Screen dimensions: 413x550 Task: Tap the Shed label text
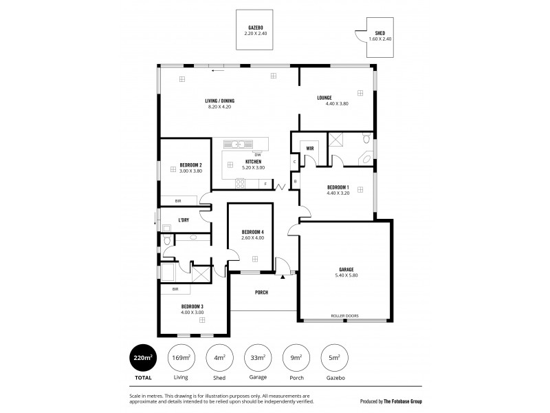click(379, 33)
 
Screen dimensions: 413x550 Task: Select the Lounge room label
click(324, 98)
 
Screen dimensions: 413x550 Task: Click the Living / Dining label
click(219, 100)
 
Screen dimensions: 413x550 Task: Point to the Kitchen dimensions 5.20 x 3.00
click(253, 167)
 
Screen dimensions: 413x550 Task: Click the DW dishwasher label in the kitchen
click(257, 154)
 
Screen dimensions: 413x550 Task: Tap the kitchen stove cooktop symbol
click(241, 183)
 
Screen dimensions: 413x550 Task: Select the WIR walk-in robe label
click(310, 148)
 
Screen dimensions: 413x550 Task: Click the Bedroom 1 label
click(338, 187)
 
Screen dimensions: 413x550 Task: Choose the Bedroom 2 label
click(190, 165)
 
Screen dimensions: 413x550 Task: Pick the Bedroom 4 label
click(253, 231)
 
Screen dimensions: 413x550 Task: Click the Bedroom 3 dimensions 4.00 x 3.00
click(192, 313)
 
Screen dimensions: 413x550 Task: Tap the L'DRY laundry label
click(184, 220)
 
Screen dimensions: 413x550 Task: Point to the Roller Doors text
click(345, 317)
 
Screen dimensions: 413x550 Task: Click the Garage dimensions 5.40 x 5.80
click(346, 275)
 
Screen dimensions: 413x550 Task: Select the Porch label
click(261, 293)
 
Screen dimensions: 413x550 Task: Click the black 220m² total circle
click(143, 358)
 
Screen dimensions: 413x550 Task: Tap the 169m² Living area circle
click(181, 358)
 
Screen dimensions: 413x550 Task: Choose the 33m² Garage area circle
click(258, 358)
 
